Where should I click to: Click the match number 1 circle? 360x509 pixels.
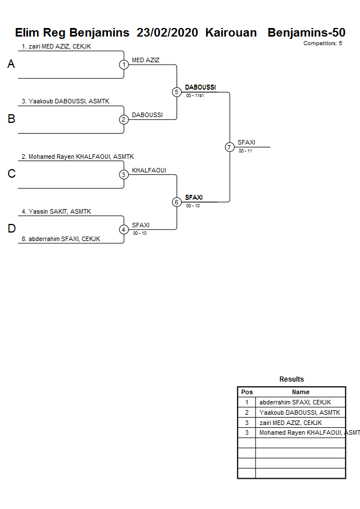coord(123,65)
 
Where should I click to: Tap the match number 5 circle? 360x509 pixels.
coord(177,92)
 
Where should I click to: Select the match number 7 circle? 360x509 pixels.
coord(230,147)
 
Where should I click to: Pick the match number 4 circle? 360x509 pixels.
coord(123,230)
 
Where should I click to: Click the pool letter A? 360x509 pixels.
coord(11,65)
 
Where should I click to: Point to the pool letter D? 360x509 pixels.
coord(11,229)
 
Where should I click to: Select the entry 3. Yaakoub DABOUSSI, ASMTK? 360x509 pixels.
coord(65,101)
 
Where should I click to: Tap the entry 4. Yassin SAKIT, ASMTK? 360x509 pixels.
coord(56,211)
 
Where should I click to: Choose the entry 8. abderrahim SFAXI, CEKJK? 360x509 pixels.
coord(61,239)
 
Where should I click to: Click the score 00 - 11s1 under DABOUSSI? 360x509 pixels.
coord(195,95)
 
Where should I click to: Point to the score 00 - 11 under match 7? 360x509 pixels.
coord(245,151)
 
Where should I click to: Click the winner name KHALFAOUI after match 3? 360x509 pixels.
coord(149,170)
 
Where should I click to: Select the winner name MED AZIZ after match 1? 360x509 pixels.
coord(146,60)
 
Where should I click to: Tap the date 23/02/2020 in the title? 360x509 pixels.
coord(167,33)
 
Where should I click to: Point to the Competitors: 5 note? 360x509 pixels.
coord(322,43)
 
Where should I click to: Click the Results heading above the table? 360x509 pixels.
coord(291,379)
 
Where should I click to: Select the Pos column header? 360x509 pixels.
coord(247,392)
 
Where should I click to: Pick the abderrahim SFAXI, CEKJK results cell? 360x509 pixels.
coord(295,402)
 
